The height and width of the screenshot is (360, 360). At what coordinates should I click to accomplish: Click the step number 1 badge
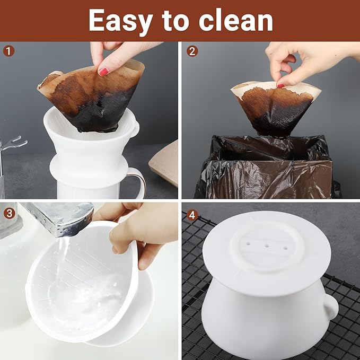(x=8, y=51)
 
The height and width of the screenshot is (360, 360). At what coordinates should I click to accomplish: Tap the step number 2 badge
(x=192, y=51)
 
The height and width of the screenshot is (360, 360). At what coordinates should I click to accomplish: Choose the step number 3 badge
(x=8, y=214)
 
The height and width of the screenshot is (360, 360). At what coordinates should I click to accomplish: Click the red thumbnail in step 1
(x=103, y=71)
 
